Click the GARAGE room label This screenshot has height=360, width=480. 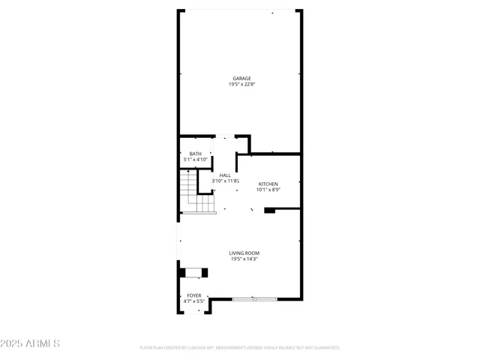[241, 78]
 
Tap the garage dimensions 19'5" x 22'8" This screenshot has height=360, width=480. [241, 85]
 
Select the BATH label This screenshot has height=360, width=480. [195, 154]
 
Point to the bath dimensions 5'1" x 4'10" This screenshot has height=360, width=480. [195, 160]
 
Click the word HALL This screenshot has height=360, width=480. [225, 175]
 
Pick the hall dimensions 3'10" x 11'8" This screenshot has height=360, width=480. [225, 181]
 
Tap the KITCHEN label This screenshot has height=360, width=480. [268, 184]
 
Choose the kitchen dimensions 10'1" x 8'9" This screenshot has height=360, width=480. [268, 190]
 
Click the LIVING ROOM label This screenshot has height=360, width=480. [244, 253]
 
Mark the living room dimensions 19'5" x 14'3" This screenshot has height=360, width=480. [244, 259]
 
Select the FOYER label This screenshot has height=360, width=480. [194, 295]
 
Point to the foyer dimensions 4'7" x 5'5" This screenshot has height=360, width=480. [194, 301]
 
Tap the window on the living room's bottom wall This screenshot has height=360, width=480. [254, 299]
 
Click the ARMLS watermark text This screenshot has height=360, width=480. [42, 343]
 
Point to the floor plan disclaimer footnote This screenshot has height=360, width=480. [240, 348]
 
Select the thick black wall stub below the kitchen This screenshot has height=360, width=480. [270, 211]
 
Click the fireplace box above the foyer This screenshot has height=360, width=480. [193, 272]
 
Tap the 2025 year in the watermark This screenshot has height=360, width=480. [13, 343]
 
